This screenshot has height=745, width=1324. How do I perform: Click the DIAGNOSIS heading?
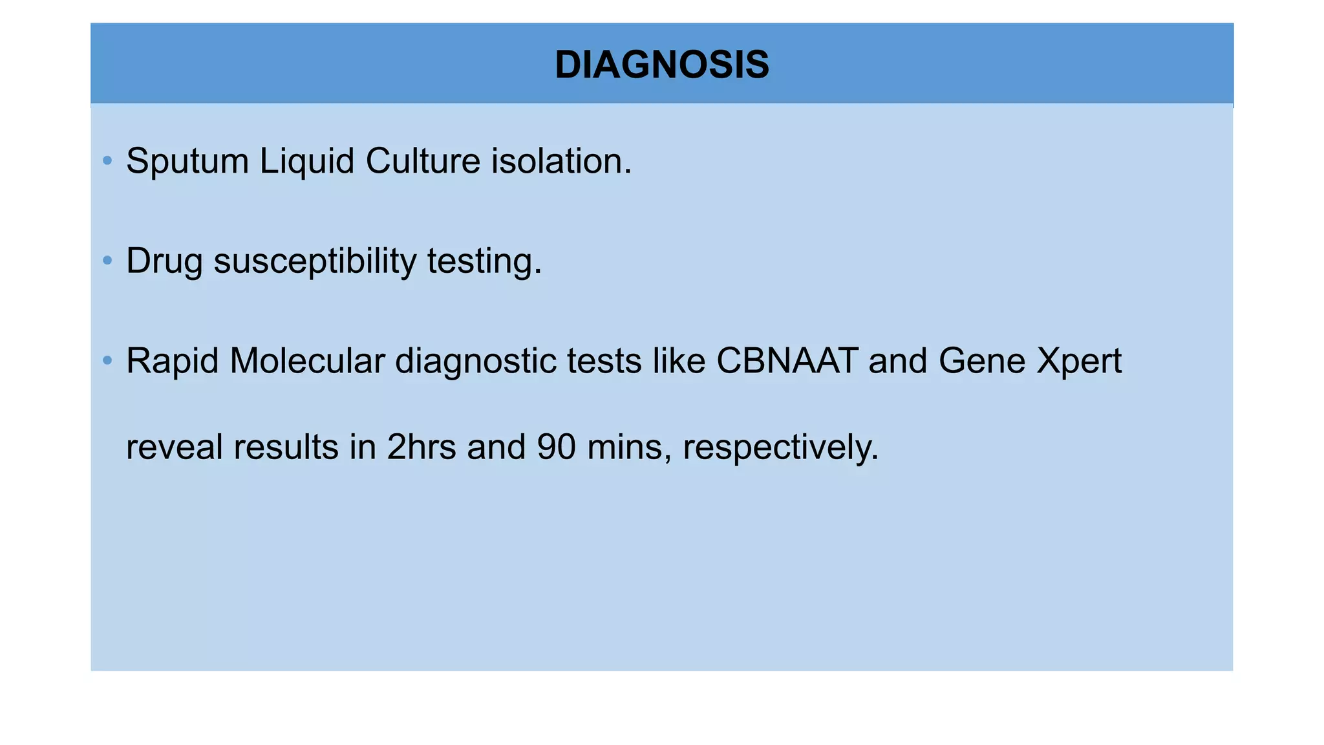coord(662,65)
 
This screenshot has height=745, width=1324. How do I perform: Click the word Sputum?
coord(187,161)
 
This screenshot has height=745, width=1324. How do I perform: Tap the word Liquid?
coord(306,161)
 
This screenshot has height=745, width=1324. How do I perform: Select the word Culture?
coord(423,161)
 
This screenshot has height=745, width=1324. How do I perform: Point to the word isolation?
coord(561,161)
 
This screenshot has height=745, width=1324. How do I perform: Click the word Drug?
coord(164,261)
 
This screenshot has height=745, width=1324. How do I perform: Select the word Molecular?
coord(307,361)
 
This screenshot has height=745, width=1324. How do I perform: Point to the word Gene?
coord(982,361)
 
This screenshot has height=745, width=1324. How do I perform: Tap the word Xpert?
coord(1079,362)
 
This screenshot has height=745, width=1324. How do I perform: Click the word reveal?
coord(174,447)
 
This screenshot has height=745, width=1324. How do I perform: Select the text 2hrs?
coord(422,447)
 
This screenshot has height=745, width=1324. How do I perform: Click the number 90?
coord(556,447)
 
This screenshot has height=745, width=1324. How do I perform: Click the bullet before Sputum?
coord(107,160)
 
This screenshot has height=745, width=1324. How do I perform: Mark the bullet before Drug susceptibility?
coord(107,261)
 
